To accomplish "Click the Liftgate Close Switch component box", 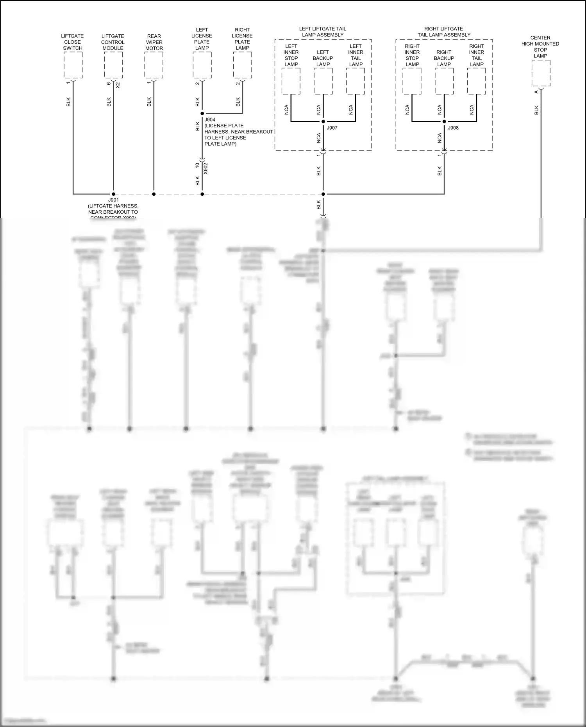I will (73, 65).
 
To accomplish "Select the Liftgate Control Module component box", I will (113, 65).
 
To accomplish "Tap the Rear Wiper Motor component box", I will (154, 65).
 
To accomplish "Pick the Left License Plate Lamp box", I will (202, 65).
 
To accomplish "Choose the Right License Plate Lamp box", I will (243, 65).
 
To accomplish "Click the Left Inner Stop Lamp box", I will (291, 81).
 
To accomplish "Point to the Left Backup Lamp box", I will (323, 81).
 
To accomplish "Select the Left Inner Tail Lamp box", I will (356, 81).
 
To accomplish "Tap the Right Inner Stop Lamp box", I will (412, 81).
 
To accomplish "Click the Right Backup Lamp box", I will (444, 81).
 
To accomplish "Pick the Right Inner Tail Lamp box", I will (477, 81).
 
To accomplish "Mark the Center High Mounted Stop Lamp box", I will (541, 73).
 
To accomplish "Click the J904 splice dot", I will (202, 113).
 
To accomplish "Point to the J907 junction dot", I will (323, 121).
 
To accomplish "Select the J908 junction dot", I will (444, 121).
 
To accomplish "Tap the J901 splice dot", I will (113, 194).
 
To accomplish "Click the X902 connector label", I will (206, 168).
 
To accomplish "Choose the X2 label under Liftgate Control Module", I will (118, 85).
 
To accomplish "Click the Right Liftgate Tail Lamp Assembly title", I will (444, 32).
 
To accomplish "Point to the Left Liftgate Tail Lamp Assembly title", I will (323, 32).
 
